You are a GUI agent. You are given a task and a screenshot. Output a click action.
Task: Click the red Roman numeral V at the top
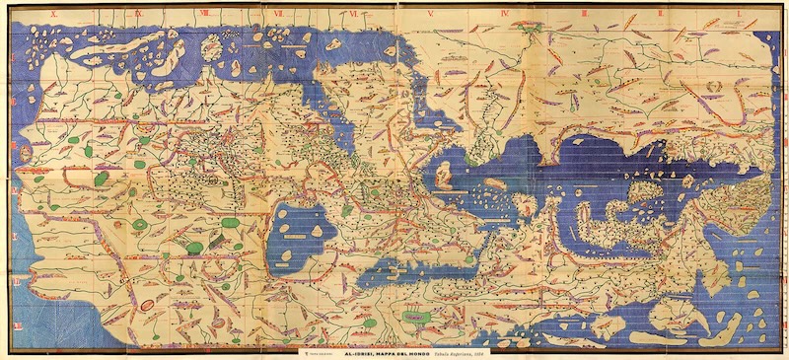[431, 15]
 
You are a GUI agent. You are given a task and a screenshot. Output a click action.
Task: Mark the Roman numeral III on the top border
[584, 15]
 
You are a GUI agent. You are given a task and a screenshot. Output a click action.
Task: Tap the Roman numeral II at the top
[658, 15]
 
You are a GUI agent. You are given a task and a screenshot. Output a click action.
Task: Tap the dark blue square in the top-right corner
[777, 14]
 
